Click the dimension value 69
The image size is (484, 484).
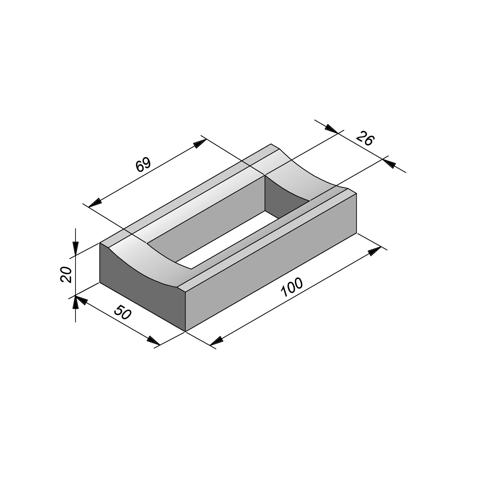[x=143, y=165]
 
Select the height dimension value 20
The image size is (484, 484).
[x=66, y=275]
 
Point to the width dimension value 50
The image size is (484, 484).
[x=122, y=312]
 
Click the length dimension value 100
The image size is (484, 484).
[x=292, y=287]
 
